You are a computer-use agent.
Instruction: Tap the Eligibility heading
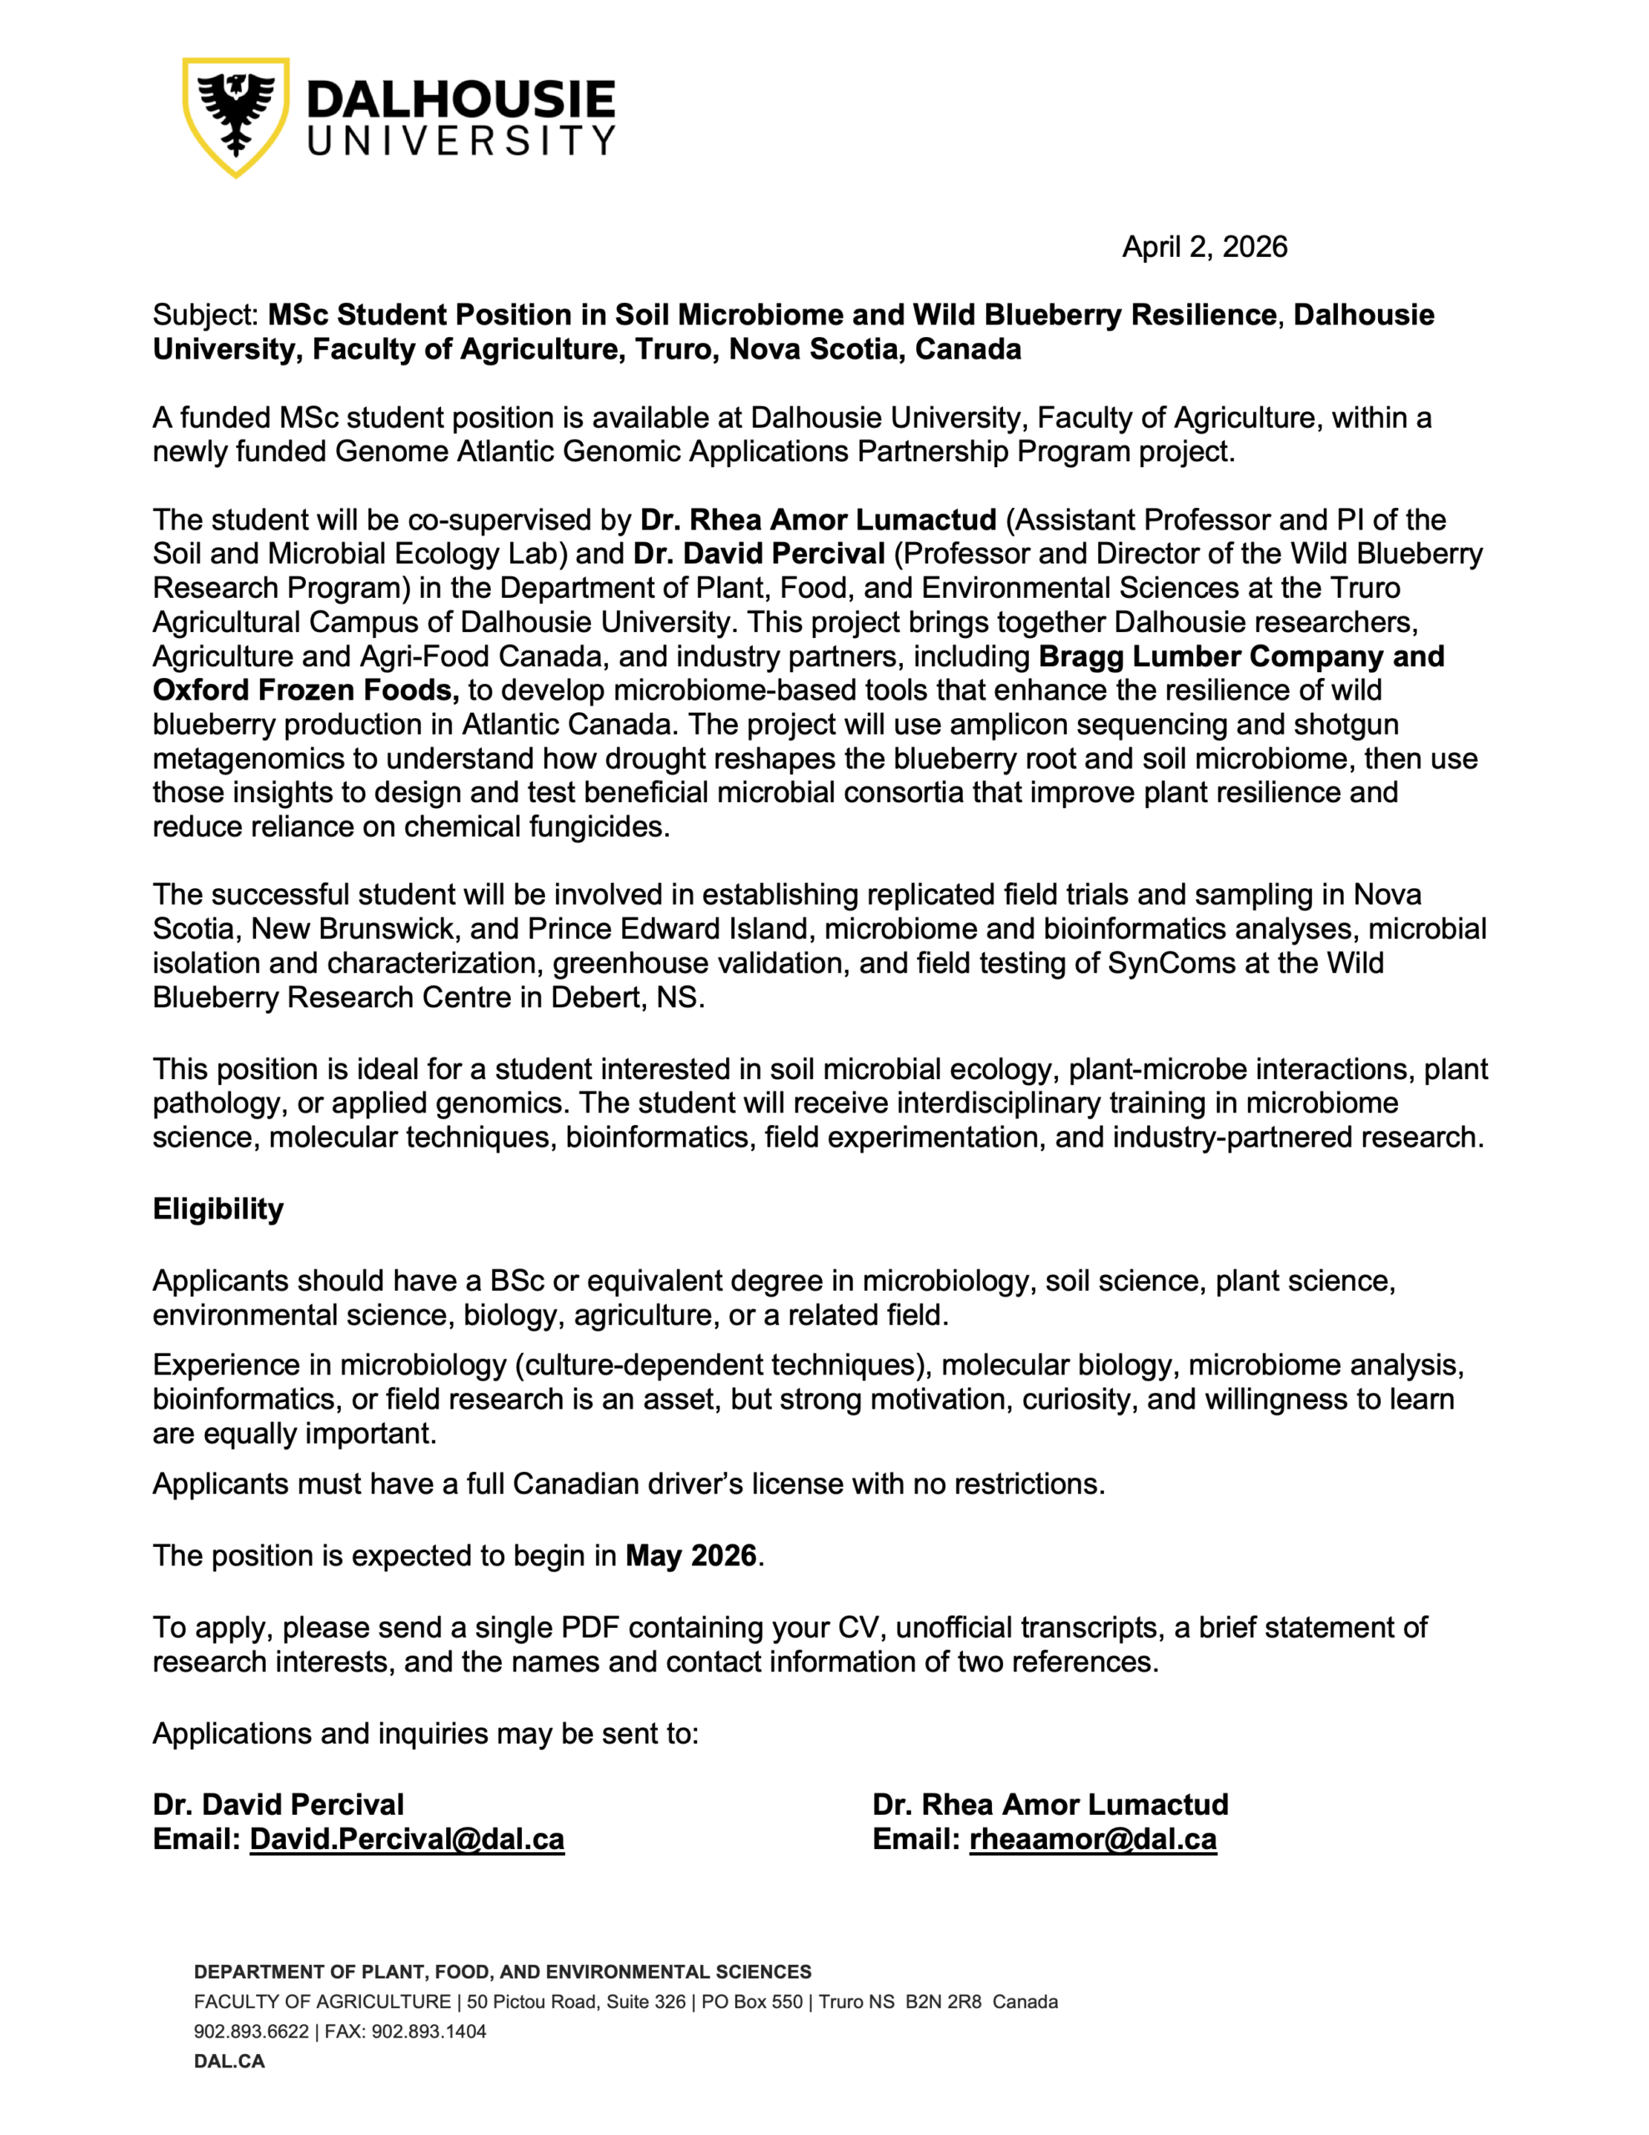coord(218,1208)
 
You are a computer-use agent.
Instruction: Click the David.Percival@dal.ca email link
coord(407,1839)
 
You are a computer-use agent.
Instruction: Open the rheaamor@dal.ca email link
coord(1093,1839)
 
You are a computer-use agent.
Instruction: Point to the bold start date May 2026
coord(691,1555)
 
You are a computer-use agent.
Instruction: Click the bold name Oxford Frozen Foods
coord(305,691)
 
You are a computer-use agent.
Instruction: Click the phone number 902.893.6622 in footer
coord(251,2032)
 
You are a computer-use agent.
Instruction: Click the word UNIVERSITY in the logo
coord(460,141)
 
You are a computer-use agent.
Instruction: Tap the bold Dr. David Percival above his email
coord(278,1805)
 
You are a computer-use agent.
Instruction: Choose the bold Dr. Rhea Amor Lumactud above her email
coord(1050,1805)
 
